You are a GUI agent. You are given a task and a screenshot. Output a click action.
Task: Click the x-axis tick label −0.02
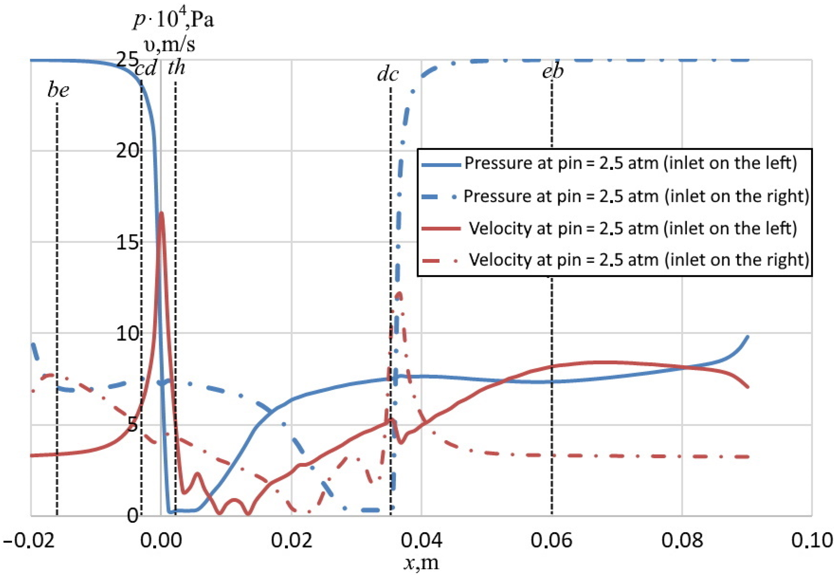(x=29, y=541)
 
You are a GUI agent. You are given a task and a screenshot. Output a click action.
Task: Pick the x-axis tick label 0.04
(x=421, y=541)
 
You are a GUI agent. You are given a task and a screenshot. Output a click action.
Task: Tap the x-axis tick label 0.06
(x=551, y=541)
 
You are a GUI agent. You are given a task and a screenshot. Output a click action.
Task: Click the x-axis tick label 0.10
(x=812, y=541)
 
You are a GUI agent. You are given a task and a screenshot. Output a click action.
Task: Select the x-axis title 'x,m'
(x=421, y=563)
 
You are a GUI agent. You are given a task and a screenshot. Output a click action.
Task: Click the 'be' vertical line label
(x=58, y=90)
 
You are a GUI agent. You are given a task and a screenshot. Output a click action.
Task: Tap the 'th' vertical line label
(x=176, y=68)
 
